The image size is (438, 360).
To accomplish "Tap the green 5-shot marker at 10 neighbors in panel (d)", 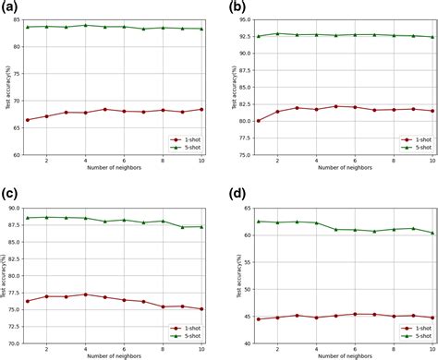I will coord(432,233).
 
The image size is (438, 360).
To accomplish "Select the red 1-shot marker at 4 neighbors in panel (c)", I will coord(86,294).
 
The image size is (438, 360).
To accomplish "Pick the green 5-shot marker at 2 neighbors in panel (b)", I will coord(278,33).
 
